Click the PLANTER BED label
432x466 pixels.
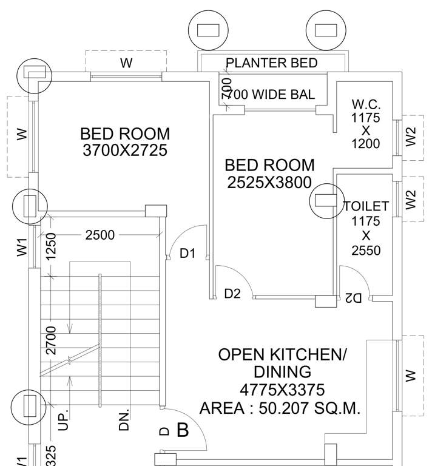[x=271, y=63]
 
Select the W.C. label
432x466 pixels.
[x=365, y=104]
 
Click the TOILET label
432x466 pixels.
[x=366, y=206]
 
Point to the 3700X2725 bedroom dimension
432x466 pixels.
[x=125, y=150]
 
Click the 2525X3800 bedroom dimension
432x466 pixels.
[x=269, y=182]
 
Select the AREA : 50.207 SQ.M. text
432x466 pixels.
[x=280, y=408]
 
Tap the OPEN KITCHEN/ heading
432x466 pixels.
[x=283, y=355]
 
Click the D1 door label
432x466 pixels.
[x=187, y=254]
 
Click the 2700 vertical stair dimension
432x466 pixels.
[x=52, y=340]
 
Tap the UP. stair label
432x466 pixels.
[x=64, y=419]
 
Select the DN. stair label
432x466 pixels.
[x=124, y=419]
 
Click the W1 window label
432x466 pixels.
[x=22, y=247]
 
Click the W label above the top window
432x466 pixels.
[x=126, y=63]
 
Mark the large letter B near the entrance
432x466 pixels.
[x=183, y=431]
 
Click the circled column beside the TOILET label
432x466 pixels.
[x=326, y=201]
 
